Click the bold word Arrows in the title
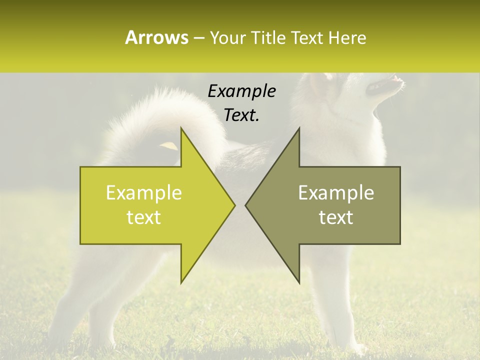click(x=157, y=37)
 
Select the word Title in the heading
click(x=268, y=37)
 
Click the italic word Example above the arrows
click(x=241, y=91)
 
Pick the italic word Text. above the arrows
click(x=241, y=115)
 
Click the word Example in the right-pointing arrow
click(x=144, y=193)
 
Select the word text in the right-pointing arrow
click(x=144, y=217)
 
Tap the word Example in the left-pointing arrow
click(x=336, y=193)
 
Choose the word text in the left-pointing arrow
click(x=336, y=217)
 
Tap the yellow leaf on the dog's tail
click(x=169, y=145)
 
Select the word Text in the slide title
click(x=308, y=37)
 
